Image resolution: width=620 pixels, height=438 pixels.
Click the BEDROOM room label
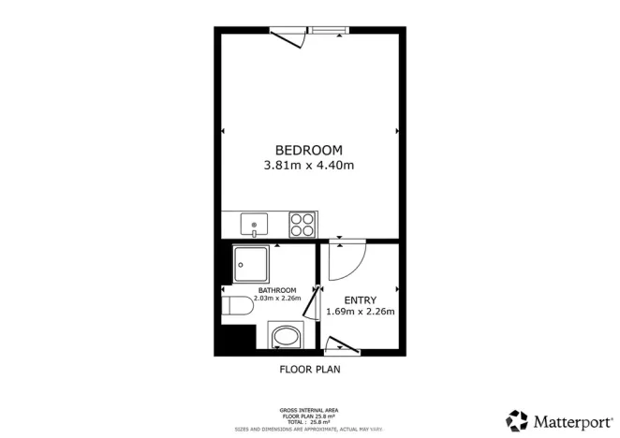point(309,150)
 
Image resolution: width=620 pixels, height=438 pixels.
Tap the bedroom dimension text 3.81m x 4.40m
point(309,166)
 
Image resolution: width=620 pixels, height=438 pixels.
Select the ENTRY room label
point(361,299)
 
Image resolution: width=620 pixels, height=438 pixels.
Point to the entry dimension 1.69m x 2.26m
point(361,313)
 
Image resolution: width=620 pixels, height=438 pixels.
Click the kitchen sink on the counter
point(254,225)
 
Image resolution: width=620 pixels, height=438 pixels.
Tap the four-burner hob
point(303,225)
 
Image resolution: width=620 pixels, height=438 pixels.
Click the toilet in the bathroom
point(238,308)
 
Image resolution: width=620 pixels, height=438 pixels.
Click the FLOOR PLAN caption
point(310,370)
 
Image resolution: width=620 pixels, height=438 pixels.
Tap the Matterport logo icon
point(517,419)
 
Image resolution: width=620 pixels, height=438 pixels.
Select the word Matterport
point(569,420)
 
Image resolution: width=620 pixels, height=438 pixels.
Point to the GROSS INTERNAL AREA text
point(309,410)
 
